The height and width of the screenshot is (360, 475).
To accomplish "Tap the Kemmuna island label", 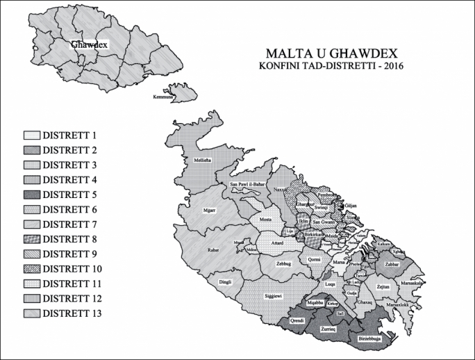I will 165,98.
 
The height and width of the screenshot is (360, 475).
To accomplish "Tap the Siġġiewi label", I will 273,295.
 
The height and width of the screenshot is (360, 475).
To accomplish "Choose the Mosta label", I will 265,220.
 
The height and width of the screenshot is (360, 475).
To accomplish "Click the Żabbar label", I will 391,265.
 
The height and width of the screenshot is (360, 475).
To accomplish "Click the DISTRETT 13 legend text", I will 72,313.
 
